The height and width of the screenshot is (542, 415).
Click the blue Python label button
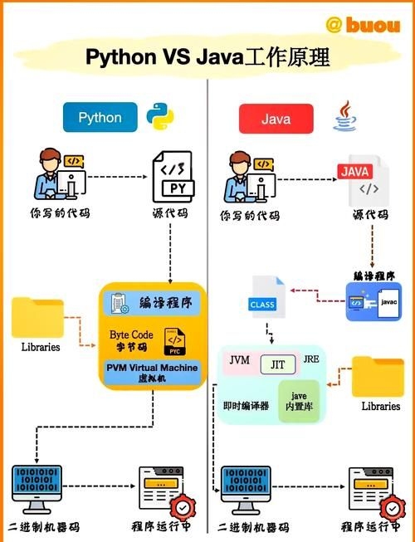tap(100, 118)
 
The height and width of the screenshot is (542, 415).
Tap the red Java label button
tap(276, 119)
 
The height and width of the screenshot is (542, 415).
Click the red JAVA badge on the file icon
tap(354, 172)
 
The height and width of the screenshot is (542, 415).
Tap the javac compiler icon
tap(378, 301)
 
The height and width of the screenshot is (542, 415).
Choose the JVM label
tap(239, 360)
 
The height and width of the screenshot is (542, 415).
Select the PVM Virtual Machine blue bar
tap(153, 371)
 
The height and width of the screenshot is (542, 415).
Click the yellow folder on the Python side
tap(38, 318)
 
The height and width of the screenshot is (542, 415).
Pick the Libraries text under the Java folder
tap(380, 407)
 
